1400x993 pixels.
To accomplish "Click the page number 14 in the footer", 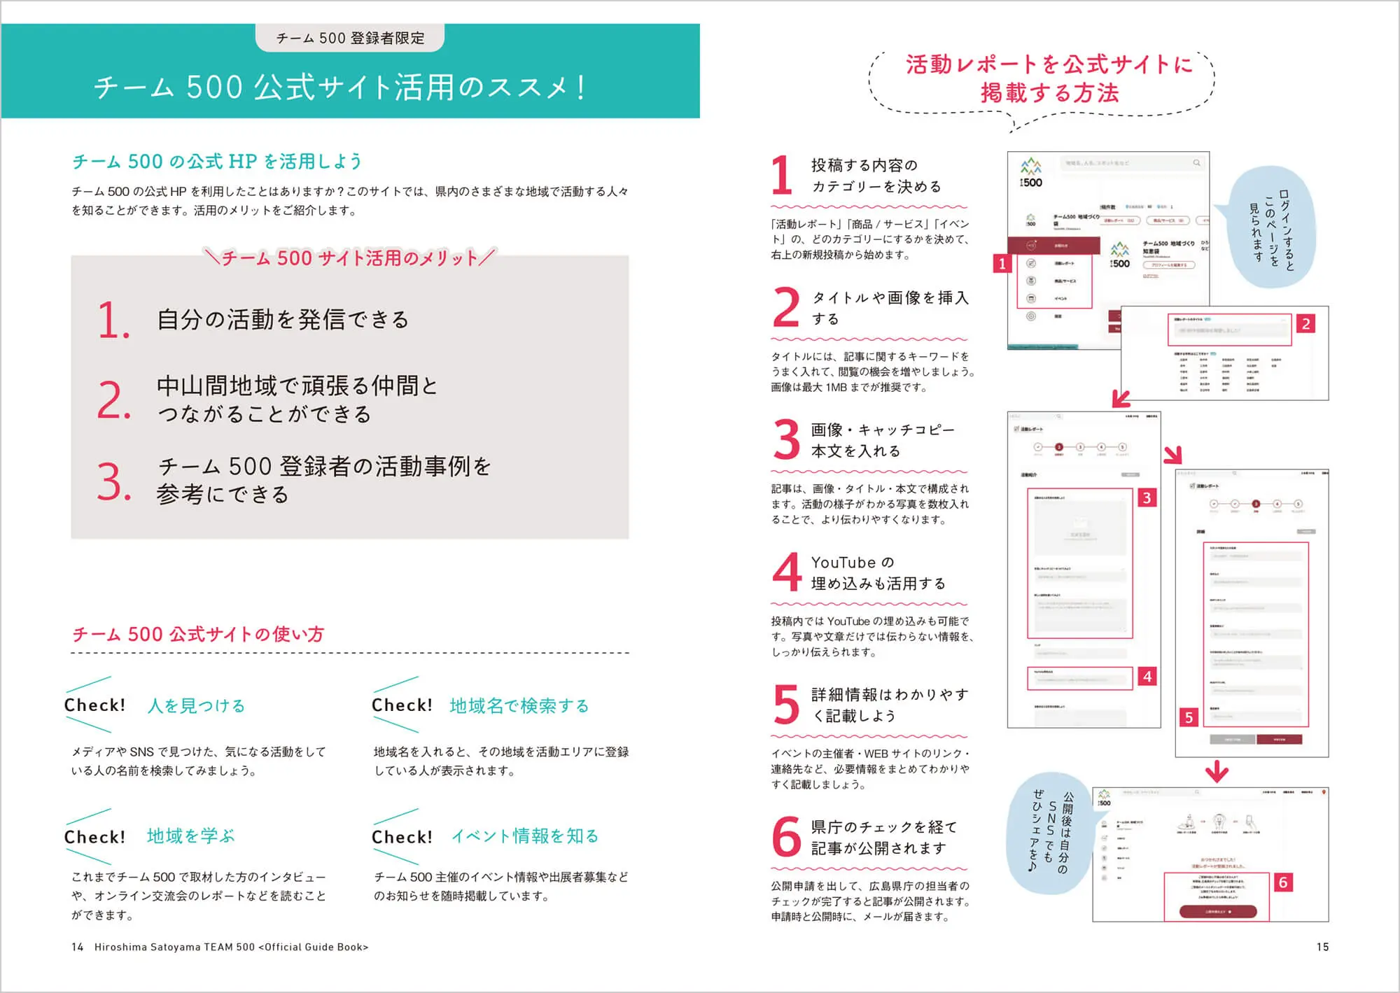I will [x=77, y=947].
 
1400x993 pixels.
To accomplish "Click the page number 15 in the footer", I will [x=1322, y=947].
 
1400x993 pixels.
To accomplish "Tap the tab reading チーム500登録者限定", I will [x=350, y=38].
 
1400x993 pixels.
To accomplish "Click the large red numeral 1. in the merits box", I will [x=113, y=321].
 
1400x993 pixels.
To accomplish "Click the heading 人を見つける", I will [x=196, y=705].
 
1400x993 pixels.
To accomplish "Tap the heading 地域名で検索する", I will [x=519, y=705].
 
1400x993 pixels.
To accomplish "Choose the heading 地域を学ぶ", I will [x=190, y=836].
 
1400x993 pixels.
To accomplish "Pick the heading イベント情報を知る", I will [x=525, y=836].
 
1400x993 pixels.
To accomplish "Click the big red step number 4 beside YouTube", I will [x=787, y=572].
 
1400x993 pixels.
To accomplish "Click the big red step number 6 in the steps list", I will [x=786, y=837].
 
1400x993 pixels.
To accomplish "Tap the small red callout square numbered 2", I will [x=1305, y=324].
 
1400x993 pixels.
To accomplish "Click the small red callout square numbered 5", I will [x=1189, y=717].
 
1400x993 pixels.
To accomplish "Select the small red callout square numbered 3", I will [x=1147, y=498].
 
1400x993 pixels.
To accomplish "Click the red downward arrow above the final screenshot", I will [x=1217, y=771].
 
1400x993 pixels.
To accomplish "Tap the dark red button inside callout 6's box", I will [x=1218, y=912].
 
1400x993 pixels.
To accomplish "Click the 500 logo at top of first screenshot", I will [x=1030, y=174].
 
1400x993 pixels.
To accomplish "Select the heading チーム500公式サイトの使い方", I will [x=198, y=635].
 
